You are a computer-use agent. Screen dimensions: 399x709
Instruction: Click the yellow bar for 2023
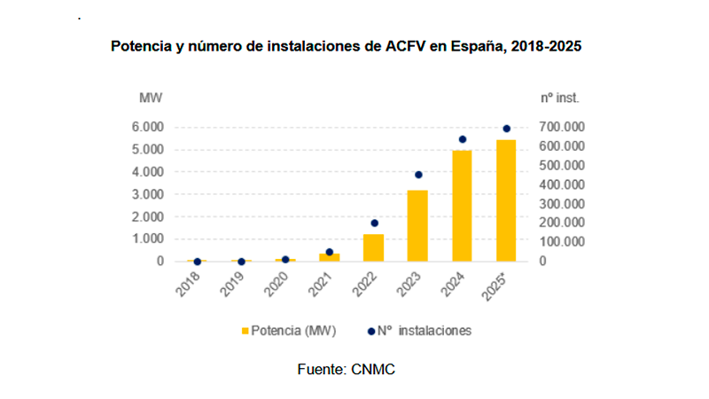tap(417, 226)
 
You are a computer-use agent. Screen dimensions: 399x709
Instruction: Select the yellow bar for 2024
tap(462, 206)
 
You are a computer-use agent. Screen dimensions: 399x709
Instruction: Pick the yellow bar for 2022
tap(373, 247)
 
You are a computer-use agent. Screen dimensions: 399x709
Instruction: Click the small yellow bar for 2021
tap(330, 257)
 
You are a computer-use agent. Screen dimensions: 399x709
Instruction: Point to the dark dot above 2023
tap(418, 175)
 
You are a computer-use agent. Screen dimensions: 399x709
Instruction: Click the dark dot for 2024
tap(462, 139)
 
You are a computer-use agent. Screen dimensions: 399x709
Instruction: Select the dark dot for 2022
tap(374, 223)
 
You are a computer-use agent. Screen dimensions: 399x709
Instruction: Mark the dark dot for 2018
tap(197, 262)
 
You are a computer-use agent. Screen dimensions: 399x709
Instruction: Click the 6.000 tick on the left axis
tap(147, 127)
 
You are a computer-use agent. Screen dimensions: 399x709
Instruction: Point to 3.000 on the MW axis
tap(147, 194)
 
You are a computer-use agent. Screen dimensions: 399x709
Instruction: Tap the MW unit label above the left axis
tap(150, 96)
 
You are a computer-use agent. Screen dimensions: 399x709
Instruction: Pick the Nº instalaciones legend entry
tap(422, 330)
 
